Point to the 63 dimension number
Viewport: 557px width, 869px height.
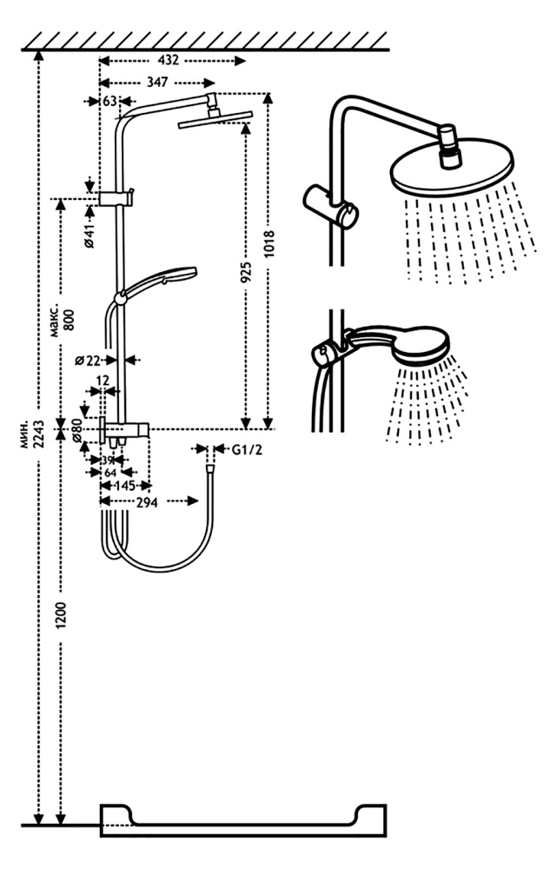(109, 102)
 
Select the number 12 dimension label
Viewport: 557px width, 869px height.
(103, 380)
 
